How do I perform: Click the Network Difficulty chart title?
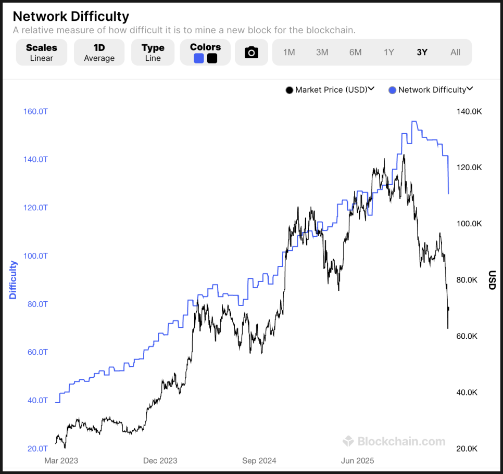click(71, 17)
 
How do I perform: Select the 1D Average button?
click(99, 53)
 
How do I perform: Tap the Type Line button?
click(153, 53)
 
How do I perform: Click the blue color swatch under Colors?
click(198, 58)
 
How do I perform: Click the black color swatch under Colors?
click(212, 58)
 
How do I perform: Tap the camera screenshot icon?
click(251, 53)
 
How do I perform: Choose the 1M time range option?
click(289, 52)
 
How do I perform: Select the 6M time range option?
click(355, 52)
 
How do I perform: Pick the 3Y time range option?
click(422, 52)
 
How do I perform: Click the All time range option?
click(455, 52)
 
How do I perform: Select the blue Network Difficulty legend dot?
click(393, 90)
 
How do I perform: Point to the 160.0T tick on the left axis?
click(35, 111)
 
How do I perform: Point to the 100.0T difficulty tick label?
click(35, 256)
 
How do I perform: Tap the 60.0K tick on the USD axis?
click(467, 336)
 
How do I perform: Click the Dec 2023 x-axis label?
click(160, 460)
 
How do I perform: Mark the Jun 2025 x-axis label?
click(358, 460)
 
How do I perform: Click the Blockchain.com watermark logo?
click(394, 442)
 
